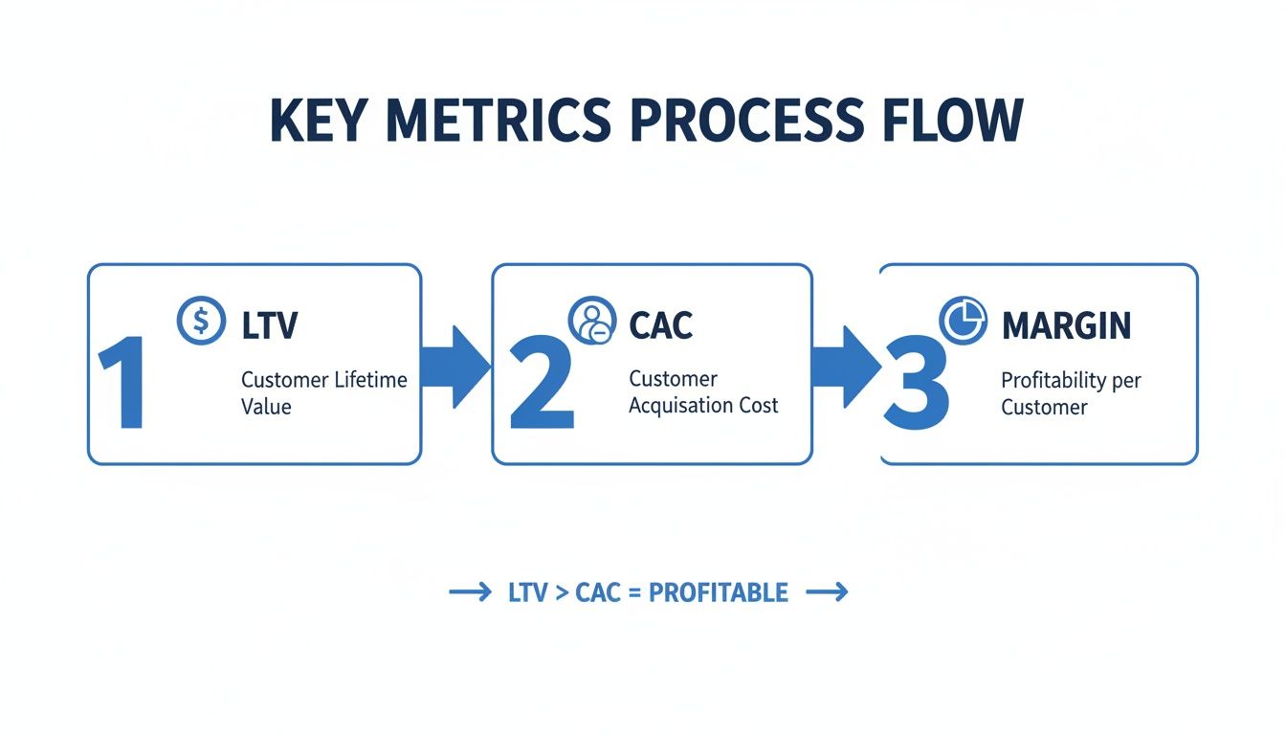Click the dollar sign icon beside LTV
click(201, 321)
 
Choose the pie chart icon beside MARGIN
click(962, 321)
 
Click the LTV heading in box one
click(270, 325)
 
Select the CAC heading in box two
click(660, 325)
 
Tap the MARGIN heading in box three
click(1066, 325)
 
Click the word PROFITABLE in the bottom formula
click(718, 592)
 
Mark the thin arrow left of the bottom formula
click(470, 593)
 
